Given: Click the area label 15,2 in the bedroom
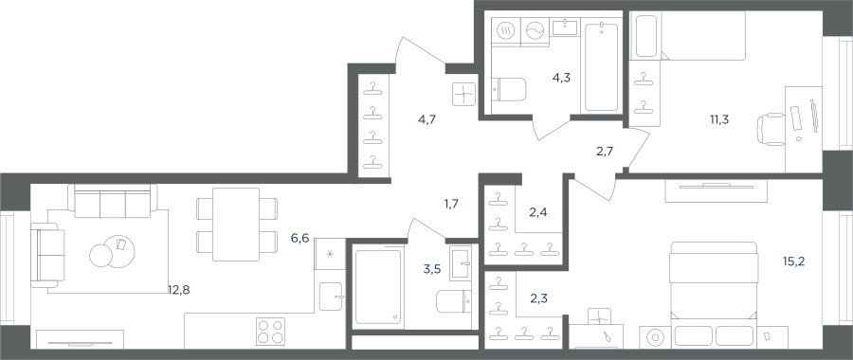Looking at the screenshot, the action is [793, 261].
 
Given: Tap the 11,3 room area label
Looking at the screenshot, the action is [719, 119].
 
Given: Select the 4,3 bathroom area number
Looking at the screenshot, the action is [561, 78].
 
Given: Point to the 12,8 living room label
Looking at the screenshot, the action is [179, 290].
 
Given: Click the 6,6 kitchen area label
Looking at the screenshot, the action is [299, 238].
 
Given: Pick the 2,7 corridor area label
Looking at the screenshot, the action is [605, 152].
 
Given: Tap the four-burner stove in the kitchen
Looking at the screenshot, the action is [270, 331].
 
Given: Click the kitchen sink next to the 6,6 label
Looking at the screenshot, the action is [331, 297].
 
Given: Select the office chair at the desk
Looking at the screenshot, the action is [771, 130].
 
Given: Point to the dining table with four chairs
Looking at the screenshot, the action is [237, 224].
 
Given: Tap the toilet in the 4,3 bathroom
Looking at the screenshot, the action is [509, 89].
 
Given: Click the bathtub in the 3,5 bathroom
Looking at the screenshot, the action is [378, 287].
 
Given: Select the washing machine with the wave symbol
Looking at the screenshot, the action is [535, 31].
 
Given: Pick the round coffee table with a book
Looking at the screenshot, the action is [119, 251].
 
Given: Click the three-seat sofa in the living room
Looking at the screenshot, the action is [113, 200].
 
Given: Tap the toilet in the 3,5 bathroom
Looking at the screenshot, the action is [454, 301].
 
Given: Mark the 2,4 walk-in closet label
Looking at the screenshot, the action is [538, 212].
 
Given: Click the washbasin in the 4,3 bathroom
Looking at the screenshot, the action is [566, 27].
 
